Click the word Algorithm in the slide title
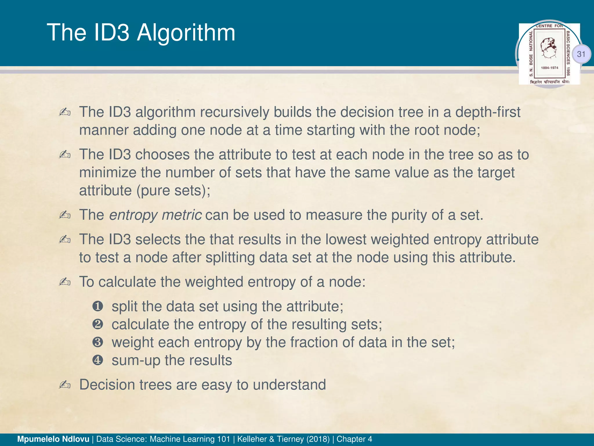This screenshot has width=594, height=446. pyautogui.click(x=186, y=33)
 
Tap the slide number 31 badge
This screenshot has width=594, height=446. pyautogui.click(x=581, y=54)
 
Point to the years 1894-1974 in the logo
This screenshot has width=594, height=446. pyautogui.click(x=549, y=68)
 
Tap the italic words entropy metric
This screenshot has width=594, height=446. pyautogui.click(x=155, y=215)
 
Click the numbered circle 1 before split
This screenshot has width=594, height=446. pyautogui.click(x=98, y=306)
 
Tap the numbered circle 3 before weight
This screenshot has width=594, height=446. pyautogui.click(x=98, y=342)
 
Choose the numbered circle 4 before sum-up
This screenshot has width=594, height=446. pyautogui.click(x=98, y=360)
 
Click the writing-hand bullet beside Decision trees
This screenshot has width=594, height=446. pyautogui.click(x=65, y=385)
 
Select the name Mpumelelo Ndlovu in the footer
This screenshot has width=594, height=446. pyautogui.click(x=53, y=439)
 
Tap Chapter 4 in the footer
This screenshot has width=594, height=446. pyautogui.click(x=354, y=439)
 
